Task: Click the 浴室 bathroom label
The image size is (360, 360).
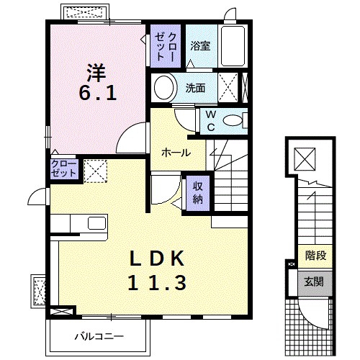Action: [200, 45]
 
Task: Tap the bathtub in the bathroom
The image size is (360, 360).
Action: [233, 46]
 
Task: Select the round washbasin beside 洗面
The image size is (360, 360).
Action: [163, 88]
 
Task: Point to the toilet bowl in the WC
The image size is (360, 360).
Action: [233, 120]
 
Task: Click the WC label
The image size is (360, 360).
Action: [211, 121]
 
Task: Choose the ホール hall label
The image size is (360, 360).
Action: [176, 153]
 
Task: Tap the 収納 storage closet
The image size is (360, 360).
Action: [198, 193]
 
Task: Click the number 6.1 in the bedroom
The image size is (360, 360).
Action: [98, 93]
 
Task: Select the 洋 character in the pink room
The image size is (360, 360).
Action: [96, 73]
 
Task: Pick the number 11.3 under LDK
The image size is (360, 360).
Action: [157, 283]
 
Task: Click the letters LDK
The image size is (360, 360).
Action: [157, 258]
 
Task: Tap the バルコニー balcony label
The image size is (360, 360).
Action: [99, 336]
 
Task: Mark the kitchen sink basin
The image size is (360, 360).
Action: [97, 223]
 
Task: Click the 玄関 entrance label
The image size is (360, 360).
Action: [314, 282]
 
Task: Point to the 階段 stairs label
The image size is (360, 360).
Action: [315, 256]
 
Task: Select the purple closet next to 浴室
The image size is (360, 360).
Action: [166, 45]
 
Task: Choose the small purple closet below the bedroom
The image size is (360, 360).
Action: [64, 168]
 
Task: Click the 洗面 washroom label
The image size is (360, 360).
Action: [195, 88]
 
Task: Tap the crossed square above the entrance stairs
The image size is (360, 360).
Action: [305, 159]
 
